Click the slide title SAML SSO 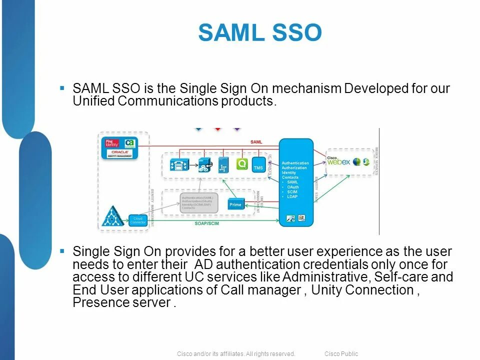[x=259, y=33]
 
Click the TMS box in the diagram [x=258, y=167]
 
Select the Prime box [x=235, y=204]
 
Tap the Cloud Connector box [x=138, y=220]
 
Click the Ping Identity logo [x=112, y=143]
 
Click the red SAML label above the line [x=256, y=142]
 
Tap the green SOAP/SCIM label [x=206, y=223]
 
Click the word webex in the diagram [x=339, y=162]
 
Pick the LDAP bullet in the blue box [x=292, y=196]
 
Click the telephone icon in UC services [x=178, y=164]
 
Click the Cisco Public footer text [x=341, y=354]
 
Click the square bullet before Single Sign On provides [x=62, y=250]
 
